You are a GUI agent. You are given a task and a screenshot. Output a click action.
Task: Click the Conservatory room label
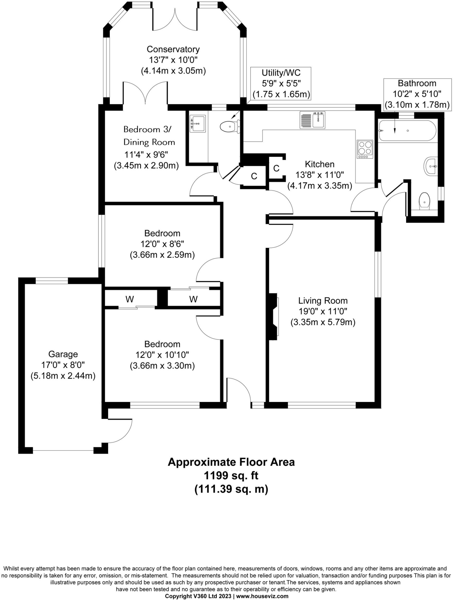point(173,49)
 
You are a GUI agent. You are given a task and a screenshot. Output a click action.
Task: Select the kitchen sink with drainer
point(313,120)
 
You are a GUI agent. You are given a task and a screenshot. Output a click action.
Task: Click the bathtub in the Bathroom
point(408,131)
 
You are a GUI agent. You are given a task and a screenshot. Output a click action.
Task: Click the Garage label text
point(63,354)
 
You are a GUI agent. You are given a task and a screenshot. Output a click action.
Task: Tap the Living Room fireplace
point(274,317)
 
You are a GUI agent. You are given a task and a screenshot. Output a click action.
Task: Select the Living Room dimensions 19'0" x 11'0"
point(323,311)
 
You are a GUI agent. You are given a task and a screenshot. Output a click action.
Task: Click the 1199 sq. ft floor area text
point(231,475)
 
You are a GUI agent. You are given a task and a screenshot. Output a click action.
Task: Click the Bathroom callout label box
point(417,94)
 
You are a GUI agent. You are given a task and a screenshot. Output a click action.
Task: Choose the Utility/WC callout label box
point(281,83)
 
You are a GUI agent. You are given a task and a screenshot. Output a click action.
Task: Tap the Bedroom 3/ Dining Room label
point(149,136)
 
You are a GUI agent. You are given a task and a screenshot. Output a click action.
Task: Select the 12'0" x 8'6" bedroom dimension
point(162,244)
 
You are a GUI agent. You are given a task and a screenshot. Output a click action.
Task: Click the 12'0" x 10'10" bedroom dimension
point(162,355)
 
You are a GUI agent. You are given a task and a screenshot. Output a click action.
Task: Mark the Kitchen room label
point(319,164)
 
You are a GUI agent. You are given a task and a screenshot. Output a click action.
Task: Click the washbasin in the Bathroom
point(431,166)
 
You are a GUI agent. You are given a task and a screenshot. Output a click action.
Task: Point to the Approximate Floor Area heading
point(231,462)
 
